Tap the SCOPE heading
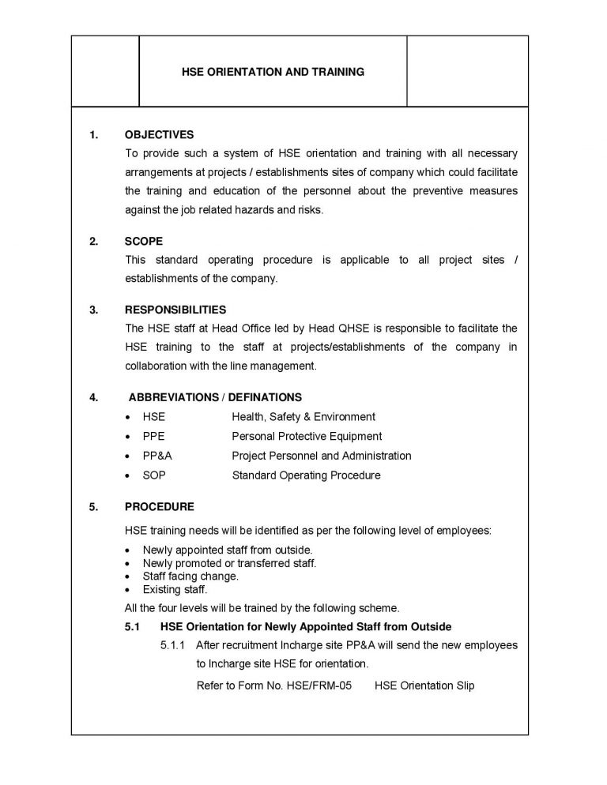pos(144,242)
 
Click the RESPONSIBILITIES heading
pos(175,310)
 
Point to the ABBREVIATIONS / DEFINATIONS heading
pos(215,397)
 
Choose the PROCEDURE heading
pos(159,506)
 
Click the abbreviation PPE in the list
pos(153,436)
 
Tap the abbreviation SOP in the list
pos(154,475)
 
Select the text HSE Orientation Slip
pos(424,685)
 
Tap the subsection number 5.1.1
pos(172,645)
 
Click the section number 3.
pos(93,310)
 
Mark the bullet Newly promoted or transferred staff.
pos(229,563)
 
